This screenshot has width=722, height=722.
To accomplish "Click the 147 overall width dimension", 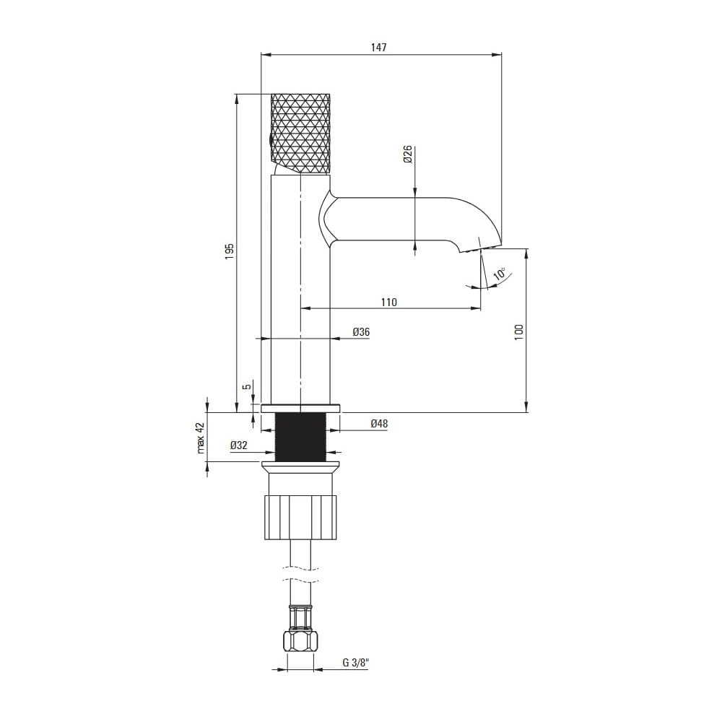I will [x=380, y=48].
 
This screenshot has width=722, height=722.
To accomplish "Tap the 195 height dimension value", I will [x=230, y=251].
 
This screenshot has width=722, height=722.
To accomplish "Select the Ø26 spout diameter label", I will [x=407, y=155].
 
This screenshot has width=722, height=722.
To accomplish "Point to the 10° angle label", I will [x=500, y=274].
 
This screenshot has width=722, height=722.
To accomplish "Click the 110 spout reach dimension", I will [x=388, y=302].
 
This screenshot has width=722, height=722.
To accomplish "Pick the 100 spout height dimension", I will [x=518, y=331].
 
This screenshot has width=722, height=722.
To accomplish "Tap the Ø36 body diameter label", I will [x=361, y=331].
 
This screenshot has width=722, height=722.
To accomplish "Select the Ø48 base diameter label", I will [x=379, y=424].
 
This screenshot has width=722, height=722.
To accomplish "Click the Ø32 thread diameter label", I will [x=239, y=445].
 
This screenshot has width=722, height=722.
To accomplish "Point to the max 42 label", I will [x=201, y=438].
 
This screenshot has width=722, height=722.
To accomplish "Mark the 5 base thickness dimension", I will [x=247, y=387].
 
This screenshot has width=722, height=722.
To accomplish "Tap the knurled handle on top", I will [x=300, y=134].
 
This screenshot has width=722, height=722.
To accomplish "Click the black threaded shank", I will [x=300, y=437].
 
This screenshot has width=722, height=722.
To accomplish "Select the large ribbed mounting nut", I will [x=300, y=517].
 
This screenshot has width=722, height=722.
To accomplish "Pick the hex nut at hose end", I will [x=300, y=641].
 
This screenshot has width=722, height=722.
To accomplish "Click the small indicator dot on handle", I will [x=271, y=139].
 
